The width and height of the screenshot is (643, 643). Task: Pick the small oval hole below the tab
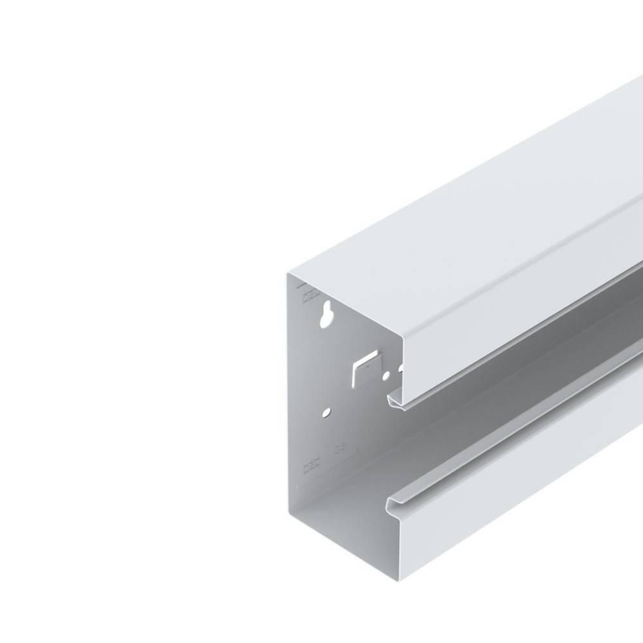tap(328, 410)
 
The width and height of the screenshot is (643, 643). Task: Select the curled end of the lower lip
tap(392, 502)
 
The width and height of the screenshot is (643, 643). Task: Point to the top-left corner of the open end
tap(289, 273)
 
